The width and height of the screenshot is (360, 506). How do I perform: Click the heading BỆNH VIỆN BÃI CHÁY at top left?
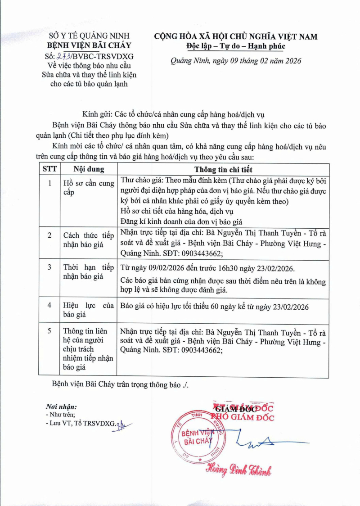(x=89, y=45)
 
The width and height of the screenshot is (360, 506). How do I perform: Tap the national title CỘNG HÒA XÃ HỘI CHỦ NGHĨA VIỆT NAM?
(x=236, y=36)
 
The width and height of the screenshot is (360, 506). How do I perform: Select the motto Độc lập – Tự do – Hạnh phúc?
(x=236, y=46)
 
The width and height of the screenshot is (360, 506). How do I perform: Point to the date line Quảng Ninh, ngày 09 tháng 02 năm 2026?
(x=236, y=61)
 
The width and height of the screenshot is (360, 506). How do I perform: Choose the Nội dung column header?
(x=89, y=169)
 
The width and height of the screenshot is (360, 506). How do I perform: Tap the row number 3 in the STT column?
(x=49, y=267)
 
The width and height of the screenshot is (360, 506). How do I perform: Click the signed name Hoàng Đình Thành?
(x=238, y=470)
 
